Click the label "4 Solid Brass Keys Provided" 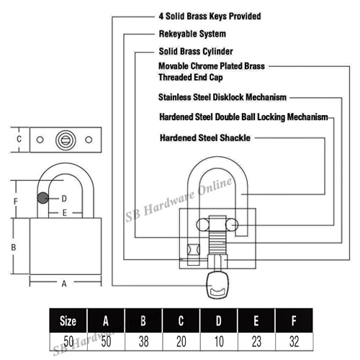pos(210,17)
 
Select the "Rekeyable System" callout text pos(192,34)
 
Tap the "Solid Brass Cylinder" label pos(196,51)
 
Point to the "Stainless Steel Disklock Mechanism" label pos(222,97)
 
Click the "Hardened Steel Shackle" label pos(205,138)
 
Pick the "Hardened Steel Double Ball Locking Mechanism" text pos(243,117)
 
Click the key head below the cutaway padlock pos(217,284)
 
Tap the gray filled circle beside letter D pos(43,198)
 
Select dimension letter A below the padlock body pos(64,284)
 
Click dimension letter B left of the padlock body pos(14,247)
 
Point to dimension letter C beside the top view pos(19,139)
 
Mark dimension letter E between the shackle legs pos(64,213)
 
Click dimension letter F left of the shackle pos(16,201)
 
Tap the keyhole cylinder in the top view pos(66,140)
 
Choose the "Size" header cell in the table pos(68,320)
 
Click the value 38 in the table pos(143,341)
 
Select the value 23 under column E pos(256,341)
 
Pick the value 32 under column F pos(294,341)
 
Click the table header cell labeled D pos(219,320)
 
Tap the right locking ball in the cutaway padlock pos(232,225)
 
